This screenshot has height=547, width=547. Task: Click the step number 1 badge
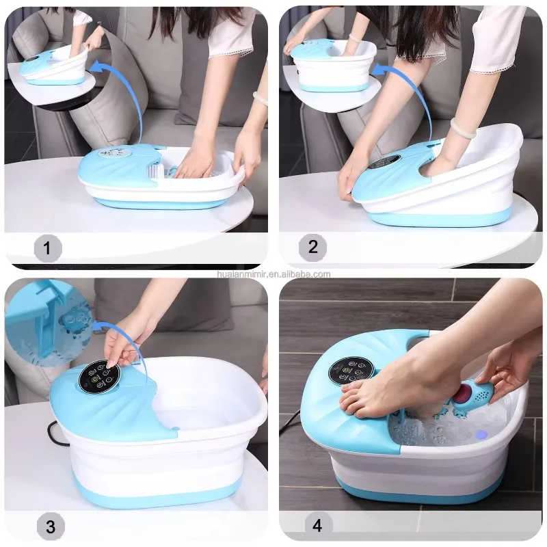47,247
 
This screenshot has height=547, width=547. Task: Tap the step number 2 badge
312,246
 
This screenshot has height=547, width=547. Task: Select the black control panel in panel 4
351,370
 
